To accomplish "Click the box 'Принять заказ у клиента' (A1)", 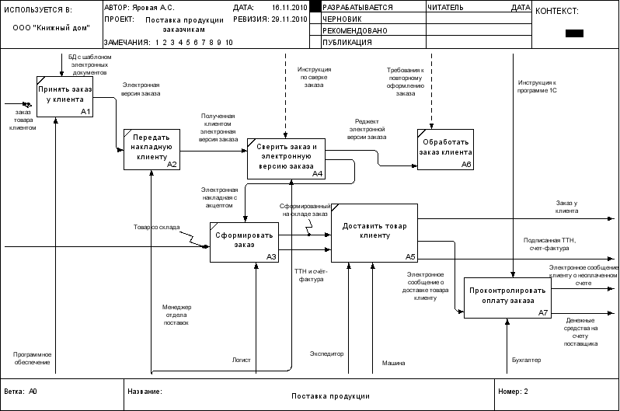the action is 64,96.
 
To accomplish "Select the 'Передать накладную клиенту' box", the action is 152,149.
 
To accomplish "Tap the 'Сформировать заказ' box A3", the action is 245,242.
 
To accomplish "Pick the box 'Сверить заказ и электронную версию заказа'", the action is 286,158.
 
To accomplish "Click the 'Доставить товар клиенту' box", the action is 374,233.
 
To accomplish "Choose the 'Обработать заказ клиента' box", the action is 445,149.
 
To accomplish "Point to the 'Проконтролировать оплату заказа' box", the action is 507,298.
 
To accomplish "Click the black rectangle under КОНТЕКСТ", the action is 574,33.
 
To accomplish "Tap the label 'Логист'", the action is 241,360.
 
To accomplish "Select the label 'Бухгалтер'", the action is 526,360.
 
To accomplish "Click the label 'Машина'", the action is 393,363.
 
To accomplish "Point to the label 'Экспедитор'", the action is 326,354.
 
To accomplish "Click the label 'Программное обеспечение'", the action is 33,358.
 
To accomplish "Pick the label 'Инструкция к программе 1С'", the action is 537,86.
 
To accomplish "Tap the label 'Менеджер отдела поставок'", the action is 176,315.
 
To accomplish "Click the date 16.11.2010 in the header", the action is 290,8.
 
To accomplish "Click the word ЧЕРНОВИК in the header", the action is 342,19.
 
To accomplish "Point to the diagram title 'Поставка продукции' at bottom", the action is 330,396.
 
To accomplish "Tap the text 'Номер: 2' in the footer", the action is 514,392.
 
